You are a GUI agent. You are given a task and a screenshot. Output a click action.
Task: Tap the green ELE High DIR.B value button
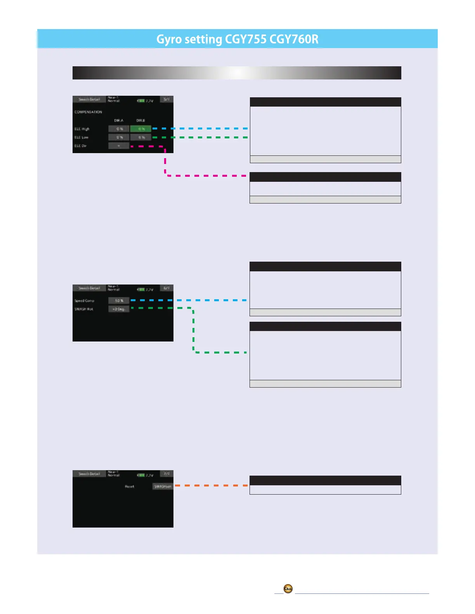coord(141,129)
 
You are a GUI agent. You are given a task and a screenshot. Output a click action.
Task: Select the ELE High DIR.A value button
coord(119,129)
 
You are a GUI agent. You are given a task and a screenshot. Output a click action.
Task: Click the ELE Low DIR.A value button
coord(119,137)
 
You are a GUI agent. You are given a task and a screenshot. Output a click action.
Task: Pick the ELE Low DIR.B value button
coord(141,137)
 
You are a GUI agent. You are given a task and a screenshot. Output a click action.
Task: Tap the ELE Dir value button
coord(119,146)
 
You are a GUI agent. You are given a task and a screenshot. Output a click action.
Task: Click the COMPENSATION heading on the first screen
coord(88,112)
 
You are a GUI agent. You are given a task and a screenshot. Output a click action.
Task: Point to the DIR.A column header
coord(119,121)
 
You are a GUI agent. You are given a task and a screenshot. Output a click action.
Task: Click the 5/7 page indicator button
coord(166,100)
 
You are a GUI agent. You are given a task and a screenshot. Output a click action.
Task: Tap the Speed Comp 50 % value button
coord(119,300)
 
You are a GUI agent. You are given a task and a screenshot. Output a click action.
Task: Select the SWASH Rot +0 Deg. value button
coord(119,309)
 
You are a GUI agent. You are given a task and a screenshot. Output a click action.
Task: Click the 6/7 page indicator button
coord(166,288)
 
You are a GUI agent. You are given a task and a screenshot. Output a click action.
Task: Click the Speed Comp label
coord(84,301)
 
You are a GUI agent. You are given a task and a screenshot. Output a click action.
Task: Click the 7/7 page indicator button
coord(166,474)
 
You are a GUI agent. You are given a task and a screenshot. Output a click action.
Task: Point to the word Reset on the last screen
coord(129,486)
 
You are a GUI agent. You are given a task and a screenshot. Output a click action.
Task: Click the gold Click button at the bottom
coord(288,589)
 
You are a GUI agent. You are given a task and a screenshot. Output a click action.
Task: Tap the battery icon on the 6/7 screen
coord(141,290)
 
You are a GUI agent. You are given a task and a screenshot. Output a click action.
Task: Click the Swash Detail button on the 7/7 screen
coord(89,474)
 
